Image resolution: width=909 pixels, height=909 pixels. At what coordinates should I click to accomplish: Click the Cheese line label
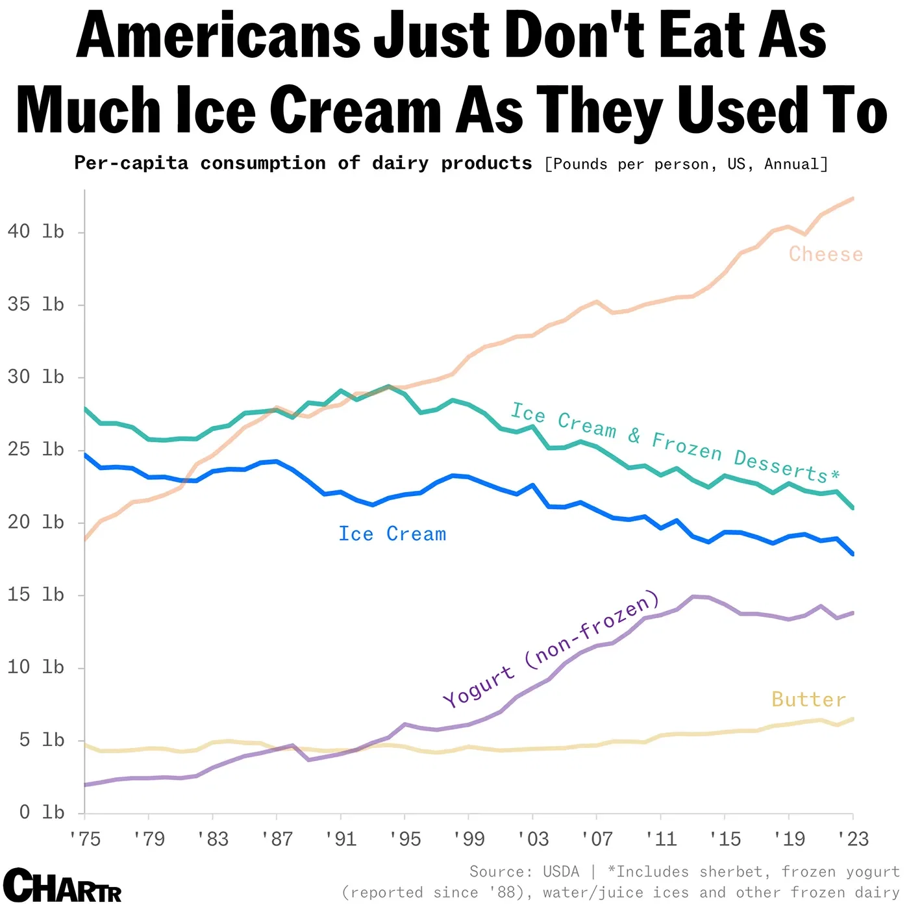pos(825,254)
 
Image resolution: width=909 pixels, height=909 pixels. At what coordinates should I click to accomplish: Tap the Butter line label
pos(808,699)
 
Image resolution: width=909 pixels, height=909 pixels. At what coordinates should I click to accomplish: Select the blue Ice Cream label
pos(392,534)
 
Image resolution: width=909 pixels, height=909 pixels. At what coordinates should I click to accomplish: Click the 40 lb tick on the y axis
pos(36,231)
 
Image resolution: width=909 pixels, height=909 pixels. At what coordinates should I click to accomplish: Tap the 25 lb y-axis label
pos(36,449)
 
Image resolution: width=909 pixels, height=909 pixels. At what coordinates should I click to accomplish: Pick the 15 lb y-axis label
pos(36,594)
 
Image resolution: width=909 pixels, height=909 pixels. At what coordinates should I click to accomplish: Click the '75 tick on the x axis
pos(84,839)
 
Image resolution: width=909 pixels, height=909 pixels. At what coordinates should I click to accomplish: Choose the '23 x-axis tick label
pos(853,839)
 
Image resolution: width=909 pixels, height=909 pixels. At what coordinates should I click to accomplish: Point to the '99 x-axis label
pos(469,839)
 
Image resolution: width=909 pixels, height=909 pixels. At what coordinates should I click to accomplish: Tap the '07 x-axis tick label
pos(597,839)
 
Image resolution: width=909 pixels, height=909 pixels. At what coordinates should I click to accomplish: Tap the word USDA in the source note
pos(561,871)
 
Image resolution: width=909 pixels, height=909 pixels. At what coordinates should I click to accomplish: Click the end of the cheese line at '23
pos(853,199)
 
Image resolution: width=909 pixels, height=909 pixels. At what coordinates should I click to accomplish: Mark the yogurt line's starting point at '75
pos(85,785)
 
